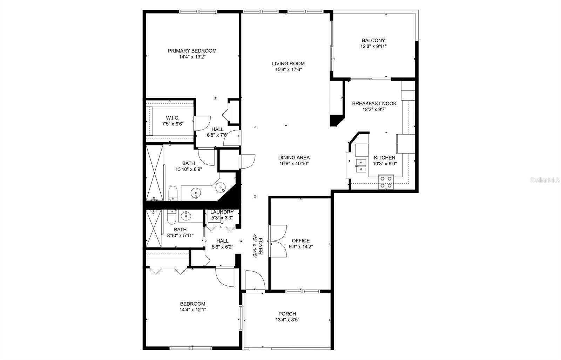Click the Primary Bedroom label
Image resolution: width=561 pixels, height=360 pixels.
[192, 51]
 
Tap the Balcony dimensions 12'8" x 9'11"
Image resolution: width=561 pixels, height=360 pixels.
[373, 46]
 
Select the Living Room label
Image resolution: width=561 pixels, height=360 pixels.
[288, 63]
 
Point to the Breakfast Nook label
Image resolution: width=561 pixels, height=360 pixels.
[374, 103]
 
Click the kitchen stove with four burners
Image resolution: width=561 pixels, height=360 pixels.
[386, 182]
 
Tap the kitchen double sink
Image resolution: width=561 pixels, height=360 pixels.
[361, 166]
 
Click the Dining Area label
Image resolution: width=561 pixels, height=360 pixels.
[294, 158]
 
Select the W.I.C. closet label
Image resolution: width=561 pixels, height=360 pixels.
[173, 118]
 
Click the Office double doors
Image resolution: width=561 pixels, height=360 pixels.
[278, 241]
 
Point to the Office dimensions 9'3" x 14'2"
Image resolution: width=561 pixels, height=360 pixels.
[300, 246]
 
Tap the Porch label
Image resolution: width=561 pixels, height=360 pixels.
[287, 314]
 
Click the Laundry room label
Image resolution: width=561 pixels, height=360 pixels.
[222, 212]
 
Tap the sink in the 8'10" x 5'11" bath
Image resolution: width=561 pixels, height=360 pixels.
[186, 216]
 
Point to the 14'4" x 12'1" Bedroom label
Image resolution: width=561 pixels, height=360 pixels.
[192, 304]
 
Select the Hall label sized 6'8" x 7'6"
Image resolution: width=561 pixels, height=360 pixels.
[217, 129]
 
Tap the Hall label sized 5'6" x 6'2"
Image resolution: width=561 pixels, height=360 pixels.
[222, 241]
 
